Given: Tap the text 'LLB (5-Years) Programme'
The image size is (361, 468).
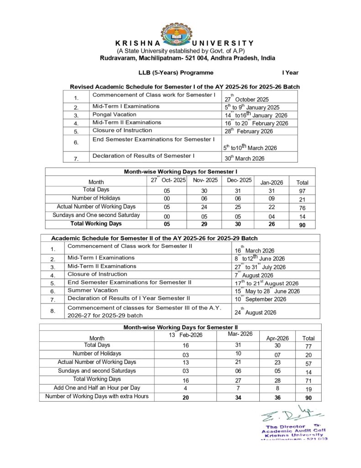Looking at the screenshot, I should (x=176, y=72).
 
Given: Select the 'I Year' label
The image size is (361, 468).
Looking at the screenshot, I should (x=290, y=72).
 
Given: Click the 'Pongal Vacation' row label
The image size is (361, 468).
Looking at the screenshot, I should (x=114, y=114).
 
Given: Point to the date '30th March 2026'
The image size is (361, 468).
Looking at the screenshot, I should (x=244, y=159).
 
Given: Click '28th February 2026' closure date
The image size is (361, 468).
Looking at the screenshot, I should (x=248, y=131).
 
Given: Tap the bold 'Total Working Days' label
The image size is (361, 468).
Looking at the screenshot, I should (x=96, y=224).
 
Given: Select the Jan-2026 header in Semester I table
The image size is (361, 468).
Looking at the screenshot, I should (x=272, y=182).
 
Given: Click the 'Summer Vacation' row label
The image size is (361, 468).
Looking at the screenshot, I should (x=93, y=290).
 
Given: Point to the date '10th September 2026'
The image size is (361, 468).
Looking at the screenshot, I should (x=260, y=299).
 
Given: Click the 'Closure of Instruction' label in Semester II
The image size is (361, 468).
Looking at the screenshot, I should (x=97, y=274).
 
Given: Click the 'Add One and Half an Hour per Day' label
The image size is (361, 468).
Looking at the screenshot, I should (x=97, y=388).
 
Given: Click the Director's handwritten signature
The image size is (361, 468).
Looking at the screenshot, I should (x=292, y=414).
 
